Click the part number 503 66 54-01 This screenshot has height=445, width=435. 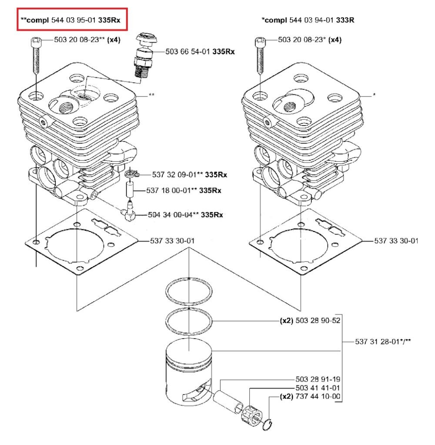200,51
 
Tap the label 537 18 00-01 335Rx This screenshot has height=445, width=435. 184,190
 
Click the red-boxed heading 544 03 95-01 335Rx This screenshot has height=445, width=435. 73,20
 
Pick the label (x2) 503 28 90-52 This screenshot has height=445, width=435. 309,321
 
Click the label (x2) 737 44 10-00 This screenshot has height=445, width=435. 309,396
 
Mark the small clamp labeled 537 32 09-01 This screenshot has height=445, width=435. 131,175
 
